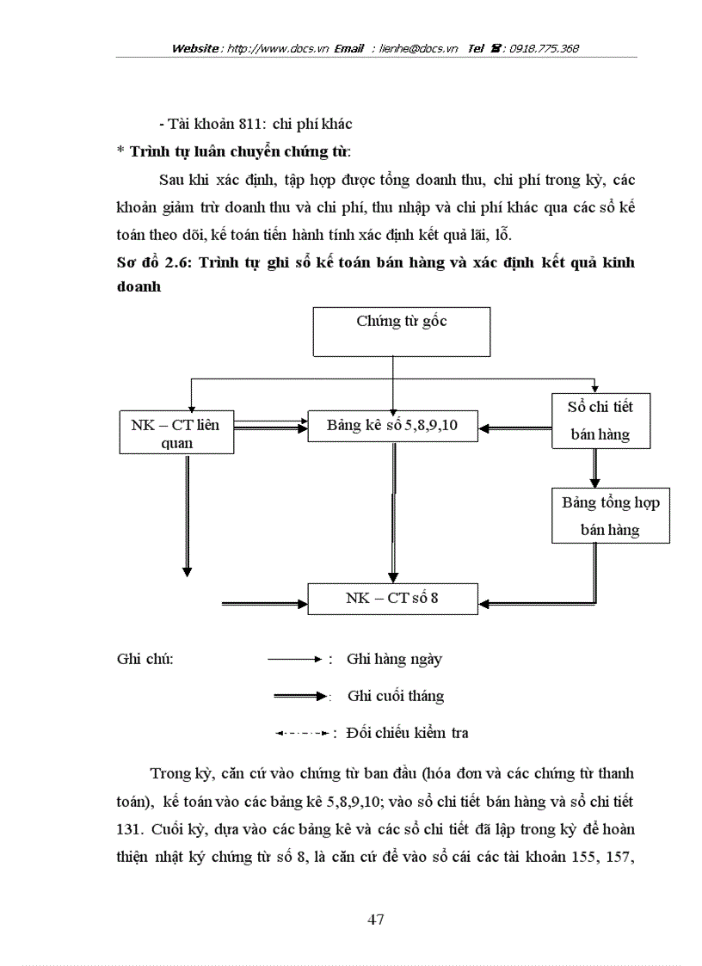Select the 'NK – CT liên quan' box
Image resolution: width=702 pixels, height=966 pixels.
175,434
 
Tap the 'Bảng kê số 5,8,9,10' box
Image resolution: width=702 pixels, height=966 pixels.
392,425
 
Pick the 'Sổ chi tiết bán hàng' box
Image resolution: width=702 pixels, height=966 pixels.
600,420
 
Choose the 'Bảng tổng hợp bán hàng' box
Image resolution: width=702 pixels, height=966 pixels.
610,515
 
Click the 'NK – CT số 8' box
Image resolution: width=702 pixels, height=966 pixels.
392,597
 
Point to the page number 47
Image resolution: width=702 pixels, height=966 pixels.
375,920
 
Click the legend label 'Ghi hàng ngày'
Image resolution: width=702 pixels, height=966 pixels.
394,660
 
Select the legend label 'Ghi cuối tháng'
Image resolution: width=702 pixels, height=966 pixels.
396,696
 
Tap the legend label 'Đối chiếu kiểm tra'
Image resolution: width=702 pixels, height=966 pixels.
406,733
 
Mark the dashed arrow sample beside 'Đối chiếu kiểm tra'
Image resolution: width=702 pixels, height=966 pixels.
300,734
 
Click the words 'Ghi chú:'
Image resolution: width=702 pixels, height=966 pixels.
145,660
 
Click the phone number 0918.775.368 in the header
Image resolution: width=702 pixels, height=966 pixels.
544,49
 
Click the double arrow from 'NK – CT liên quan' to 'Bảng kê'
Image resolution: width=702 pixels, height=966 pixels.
270,425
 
